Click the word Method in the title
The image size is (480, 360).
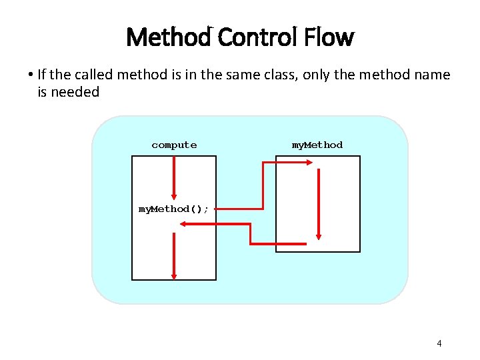pos(167,37)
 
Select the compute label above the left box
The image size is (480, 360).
pos(174,145)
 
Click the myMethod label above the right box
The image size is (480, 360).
pos(317,145)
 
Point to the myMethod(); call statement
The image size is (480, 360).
pos(173,209)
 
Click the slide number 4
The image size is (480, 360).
pos(439,343)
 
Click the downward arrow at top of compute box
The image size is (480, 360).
pos(174,177)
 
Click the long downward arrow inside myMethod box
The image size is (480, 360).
pos(319,203)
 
